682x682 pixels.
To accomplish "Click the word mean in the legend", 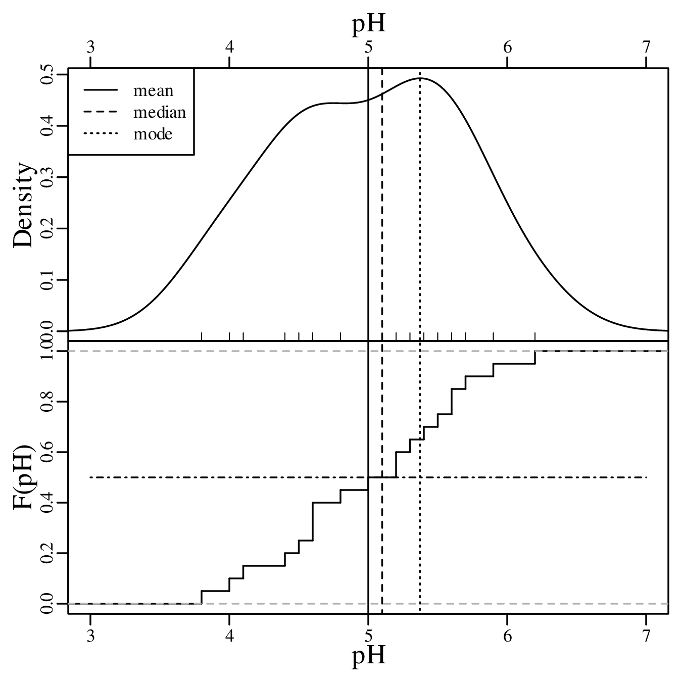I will coord(153,91).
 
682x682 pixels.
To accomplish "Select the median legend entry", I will coord(159,112).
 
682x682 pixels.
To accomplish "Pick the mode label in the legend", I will coord(153,134).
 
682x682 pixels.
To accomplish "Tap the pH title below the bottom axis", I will coord(369,656).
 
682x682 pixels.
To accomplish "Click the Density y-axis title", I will coord(24,205).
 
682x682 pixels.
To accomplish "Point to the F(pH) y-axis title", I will coord(24,477).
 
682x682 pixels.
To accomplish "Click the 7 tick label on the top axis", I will coord(646,47).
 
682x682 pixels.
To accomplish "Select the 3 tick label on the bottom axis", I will coord(90,635).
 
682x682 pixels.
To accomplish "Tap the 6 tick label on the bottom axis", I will coord(507,635).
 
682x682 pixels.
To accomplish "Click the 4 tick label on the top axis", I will coord(229,47).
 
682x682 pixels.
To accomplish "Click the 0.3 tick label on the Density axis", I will coord(48,177).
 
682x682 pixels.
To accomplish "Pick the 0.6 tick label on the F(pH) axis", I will coord(48,452).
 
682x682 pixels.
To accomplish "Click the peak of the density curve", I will coord(420,78).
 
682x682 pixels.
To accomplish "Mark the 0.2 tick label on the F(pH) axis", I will coord(48,553).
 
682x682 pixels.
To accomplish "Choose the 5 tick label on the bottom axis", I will coord(368,635).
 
